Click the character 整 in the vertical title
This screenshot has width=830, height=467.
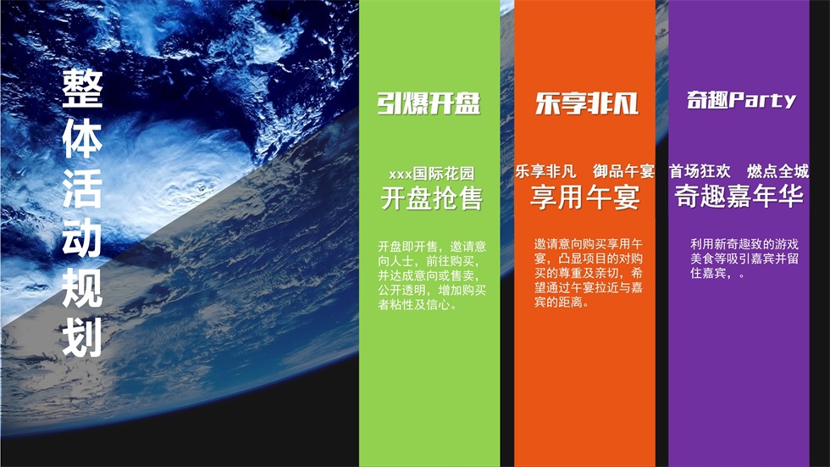tap(82, 88)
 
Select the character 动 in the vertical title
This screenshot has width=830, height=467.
tap(82, 237)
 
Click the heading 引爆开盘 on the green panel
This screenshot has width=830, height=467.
tap(429, 103)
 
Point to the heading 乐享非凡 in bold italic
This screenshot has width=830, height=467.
tap(586, 103)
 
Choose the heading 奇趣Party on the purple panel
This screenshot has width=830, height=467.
tap(741, 99)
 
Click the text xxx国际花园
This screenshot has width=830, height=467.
tap(431, 173)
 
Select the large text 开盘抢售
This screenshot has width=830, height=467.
tap(431, 198)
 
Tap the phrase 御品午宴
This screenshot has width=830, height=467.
tap(623, 171)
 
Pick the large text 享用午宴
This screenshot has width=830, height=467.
tap(585, 197)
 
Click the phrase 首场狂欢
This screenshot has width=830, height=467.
tap(700, 171)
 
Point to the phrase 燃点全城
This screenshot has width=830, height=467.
tap(777, 171)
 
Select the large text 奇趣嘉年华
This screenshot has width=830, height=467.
tap(739, 197)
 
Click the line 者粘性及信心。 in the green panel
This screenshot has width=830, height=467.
tap(418, 305)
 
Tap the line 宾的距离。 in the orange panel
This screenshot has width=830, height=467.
tap(562, 303)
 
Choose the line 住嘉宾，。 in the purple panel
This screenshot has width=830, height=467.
tap(718, 274)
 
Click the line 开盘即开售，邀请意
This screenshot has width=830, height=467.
tap(432, 247)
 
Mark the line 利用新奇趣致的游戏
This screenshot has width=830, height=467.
tap(744, 245)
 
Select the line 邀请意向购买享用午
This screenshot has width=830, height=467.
tap(588, 245)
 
